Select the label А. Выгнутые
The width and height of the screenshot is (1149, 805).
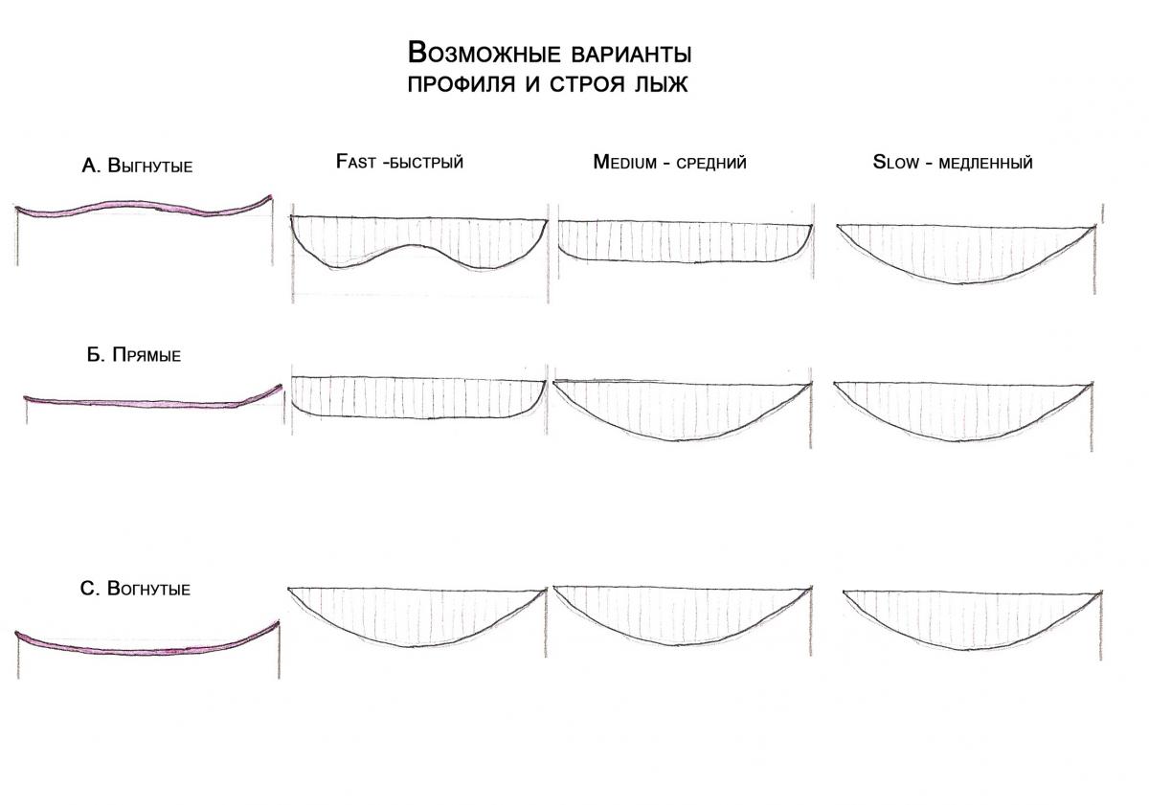coord(138,166)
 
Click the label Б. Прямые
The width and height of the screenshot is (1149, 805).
coord(134,355)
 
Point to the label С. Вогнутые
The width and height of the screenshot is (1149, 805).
coord(135,589)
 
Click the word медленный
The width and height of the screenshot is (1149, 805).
coord(985,163)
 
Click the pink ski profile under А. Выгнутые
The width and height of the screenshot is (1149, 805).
coord(144,208)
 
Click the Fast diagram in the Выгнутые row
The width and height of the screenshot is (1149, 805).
coord(418,239)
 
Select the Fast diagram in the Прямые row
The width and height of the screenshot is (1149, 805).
coord(417,396)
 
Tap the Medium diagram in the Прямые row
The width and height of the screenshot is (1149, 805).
coord(683,408)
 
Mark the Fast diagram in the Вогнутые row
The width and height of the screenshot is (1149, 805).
coord(417,614)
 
